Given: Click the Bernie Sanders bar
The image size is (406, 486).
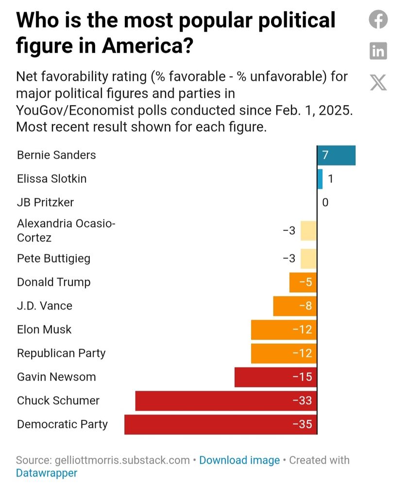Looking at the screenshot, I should pyautogui.click(x=336, y=156).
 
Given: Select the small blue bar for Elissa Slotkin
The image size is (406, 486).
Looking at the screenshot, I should pyautogui.click(x=320, y=179).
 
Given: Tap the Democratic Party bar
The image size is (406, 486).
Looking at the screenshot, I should pyautogui.click(x=220, y=424).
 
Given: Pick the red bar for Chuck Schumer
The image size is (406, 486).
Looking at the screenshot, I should pyautogui.click(x=226, y=401).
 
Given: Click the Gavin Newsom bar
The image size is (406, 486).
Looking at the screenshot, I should pyautogui.click(x=275, y=377).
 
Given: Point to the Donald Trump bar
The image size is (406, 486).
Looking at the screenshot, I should pyautogui.click(x=303, y=282).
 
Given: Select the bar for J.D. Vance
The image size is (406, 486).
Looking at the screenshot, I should pyautogui.click(x=295, y=306).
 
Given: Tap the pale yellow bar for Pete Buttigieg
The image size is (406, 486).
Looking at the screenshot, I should pyautogui.click(x=308, y=259).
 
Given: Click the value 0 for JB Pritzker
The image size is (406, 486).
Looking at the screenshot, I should pyautogui.click(x=325, y=202).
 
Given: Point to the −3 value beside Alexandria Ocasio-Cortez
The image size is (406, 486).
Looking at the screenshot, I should pyautogui.click(x=289, y=230).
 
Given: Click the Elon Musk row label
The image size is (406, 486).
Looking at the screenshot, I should pyautogui.click(x=44, y=330).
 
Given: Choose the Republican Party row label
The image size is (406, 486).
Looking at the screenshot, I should pyautogui.click(x=61, y=353).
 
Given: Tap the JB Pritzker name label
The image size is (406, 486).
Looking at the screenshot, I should pyautogui.click(x=45, y=202).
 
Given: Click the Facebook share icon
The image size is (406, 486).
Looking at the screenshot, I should pyautogui.click(x=378, y=20).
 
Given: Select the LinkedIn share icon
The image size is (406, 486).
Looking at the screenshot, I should pyautogui.click(x=378, y=51).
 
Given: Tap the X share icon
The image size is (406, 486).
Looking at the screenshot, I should pyautogui.click(x=378, y=82).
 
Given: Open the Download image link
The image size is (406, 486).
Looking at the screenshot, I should pyautogui.click(x=239, y=460).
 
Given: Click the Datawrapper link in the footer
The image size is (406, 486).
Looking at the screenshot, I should pyautogui.click(x=47, y=473).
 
